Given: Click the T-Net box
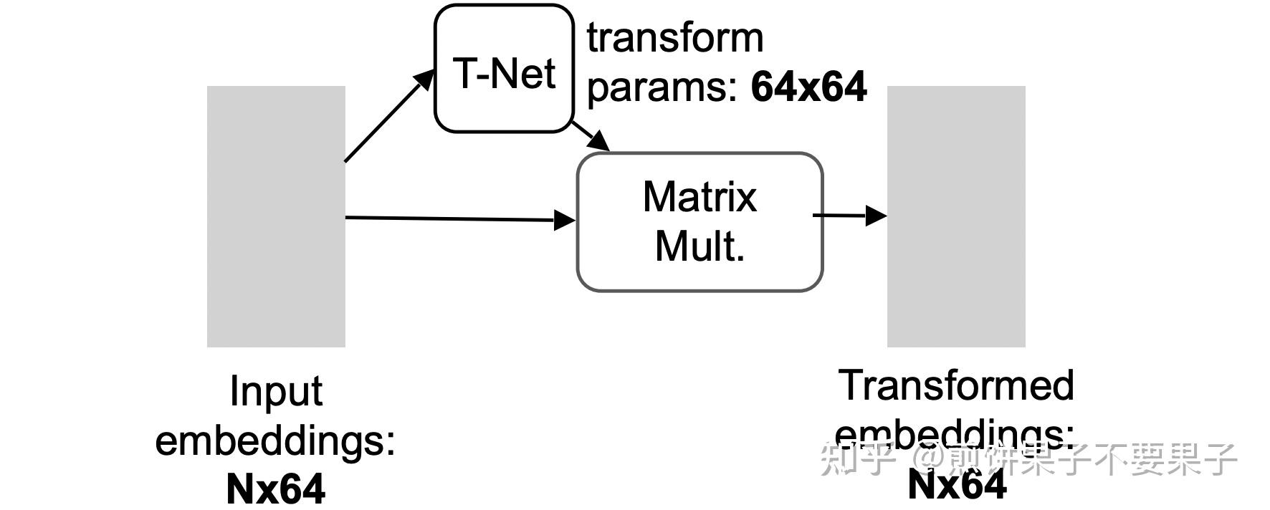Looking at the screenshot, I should point(504,69).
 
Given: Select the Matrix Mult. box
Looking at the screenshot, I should point(700,221).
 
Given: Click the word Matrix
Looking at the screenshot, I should point(700,197).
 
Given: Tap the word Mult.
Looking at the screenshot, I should point(700,246).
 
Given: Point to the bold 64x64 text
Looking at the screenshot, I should point(808,87).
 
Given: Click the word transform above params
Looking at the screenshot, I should point(675,37).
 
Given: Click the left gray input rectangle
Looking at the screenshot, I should point(276,216).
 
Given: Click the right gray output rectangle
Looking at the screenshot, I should point(956,216).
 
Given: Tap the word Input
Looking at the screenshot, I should point(276,392).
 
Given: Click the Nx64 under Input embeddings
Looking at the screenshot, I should point(276,489).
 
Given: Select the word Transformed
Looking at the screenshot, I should point(956,385).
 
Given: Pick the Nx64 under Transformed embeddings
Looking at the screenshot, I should point(956,485).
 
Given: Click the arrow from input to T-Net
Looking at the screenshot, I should point(388,117).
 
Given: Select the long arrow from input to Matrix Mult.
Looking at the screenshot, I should point(459,218).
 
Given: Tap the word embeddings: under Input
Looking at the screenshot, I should point(276,440).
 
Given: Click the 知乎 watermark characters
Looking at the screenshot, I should point(857,458).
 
